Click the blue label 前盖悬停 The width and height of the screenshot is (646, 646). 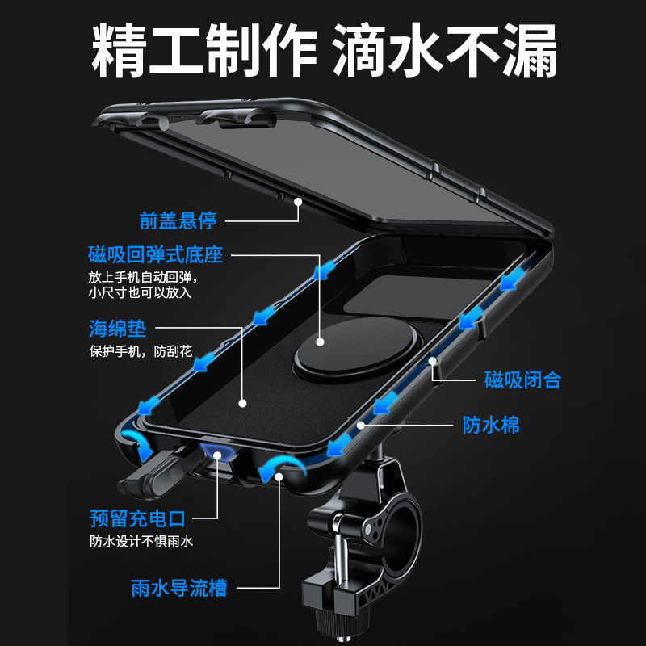(x=177, y=220)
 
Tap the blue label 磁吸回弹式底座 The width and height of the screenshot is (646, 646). (x=155, y=255)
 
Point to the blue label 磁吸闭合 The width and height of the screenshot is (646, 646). (x=522, y=379)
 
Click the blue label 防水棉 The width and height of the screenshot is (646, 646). (x=491, y=425)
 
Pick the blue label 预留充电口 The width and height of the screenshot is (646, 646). (x=137, y=518)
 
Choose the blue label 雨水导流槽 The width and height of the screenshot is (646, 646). (x=178, y=589)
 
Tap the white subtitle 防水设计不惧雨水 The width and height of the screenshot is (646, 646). (x=141, y=542)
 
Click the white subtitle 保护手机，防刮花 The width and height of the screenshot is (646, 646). (x=141, y=352)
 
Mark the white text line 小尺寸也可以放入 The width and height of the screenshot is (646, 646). (x=141, y=292)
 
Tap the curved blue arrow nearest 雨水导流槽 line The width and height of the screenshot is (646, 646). (x=279, y=464)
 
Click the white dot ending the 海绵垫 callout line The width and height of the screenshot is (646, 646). (x=242, y=401)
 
